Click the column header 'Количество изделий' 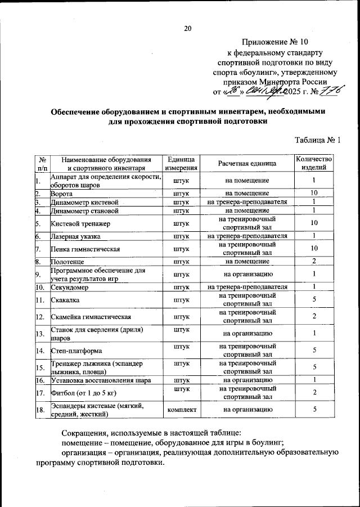(314, 163)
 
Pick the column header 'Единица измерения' (181, 163)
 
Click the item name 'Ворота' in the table (62, 193)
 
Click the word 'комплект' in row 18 (181, 410)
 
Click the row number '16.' (40, 380)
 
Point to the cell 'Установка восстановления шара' (100, 380)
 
